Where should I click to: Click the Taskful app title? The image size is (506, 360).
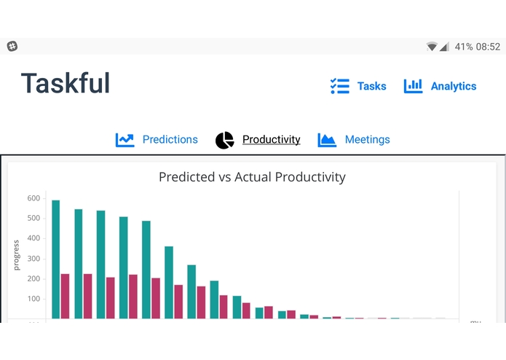pos(66,84)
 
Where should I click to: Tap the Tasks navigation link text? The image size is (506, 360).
pos(371,86)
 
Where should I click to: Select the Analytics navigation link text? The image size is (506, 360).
pos(453,86)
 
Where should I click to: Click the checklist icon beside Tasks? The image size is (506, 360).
pos(339,86)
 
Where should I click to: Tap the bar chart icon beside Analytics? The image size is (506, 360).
pos(413,86)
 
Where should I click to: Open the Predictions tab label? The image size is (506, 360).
pos(170,139)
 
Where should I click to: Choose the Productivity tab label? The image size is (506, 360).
pos(271,139)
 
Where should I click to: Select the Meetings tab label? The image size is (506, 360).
pos(367,139)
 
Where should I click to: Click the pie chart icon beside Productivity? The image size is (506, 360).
pos(224,140)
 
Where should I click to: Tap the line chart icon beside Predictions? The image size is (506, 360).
pos(124,140)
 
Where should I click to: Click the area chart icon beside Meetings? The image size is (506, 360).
pos(327,140)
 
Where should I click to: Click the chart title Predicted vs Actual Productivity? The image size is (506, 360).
pos(252,177)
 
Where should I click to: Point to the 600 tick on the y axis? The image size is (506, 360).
pos(33,198)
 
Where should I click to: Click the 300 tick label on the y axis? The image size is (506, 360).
pos(33,259)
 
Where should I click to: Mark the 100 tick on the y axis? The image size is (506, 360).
pos(33,299)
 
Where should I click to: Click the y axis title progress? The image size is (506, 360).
pos(15,254)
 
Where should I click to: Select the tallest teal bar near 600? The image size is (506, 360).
pos(56,259)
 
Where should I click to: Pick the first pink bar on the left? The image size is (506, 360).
pos(65,296)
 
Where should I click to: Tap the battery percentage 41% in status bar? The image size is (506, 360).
pos(464,47)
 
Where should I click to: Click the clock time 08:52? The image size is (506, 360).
pos(488,47)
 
